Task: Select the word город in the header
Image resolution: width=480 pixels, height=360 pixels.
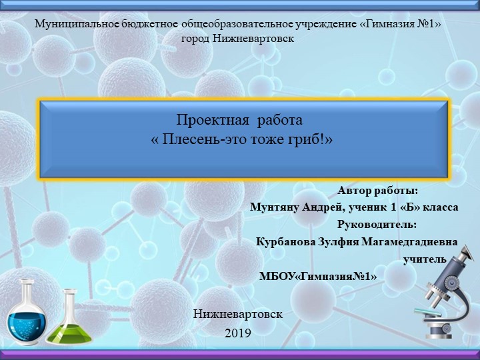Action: pyautogui.click(x=195, y=38)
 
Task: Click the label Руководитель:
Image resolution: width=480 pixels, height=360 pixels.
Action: pyautogui.click(x=377, y=223)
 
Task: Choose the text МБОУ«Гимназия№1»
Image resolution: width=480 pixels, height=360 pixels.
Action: pyautogui.click(x=318, y=276)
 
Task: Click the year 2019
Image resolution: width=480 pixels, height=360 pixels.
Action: pyautogui.click(x=238, y=331)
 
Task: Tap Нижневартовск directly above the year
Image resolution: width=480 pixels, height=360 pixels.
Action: pyautogui.click(x=238, y=313)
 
